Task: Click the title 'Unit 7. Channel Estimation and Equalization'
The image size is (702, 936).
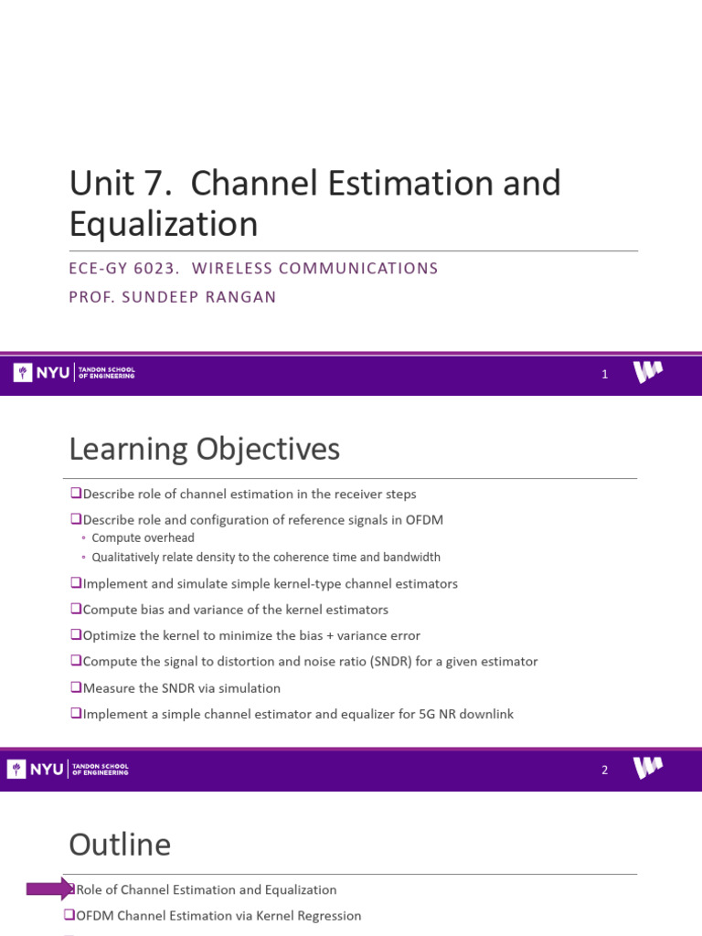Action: tap(314, 203)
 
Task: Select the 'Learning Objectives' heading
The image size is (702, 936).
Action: tap(204, 449)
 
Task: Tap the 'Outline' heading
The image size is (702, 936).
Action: tap(120, 844)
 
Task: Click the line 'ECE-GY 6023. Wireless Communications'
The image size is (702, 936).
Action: tap(253, 268)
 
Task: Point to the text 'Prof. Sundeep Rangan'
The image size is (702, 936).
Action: tap(172, 298)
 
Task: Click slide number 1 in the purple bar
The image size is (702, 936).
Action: tap(604, 374)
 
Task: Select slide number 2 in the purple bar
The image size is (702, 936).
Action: tap(604, 770)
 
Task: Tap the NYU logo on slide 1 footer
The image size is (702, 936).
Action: tap(41, 373)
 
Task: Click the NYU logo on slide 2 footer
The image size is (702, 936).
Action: tap(41, 769)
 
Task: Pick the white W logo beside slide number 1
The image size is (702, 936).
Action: tap(648, 372)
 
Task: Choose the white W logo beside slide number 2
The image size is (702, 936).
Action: tap(648, 768)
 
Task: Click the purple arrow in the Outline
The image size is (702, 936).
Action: tap(49, 888)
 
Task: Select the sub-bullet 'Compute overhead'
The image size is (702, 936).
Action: tap(143, 538)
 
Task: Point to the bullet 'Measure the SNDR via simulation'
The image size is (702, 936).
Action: tap(181, 687)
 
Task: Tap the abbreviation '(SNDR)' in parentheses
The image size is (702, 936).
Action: tap(397, 661)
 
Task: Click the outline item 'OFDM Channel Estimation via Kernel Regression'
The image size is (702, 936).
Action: tap(218, 915)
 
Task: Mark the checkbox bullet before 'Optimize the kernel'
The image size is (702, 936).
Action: tap(76, 635)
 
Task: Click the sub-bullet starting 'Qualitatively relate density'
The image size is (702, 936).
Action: tap(266, 557)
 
